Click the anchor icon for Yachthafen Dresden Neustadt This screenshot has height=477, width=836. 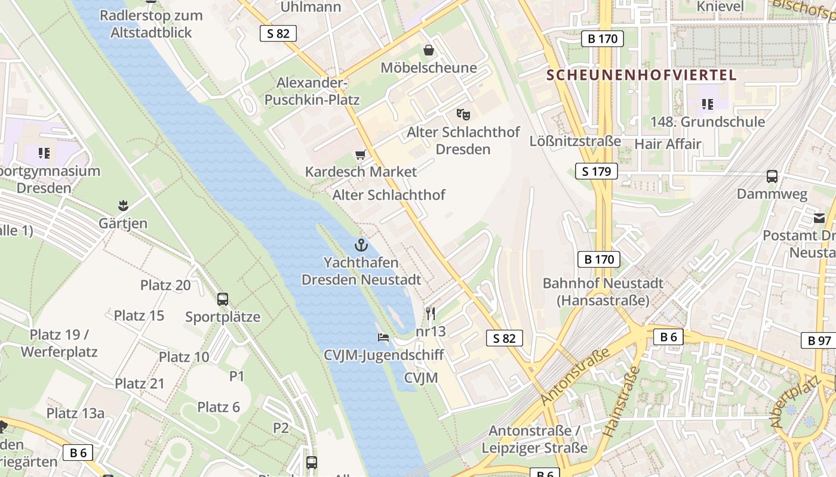361,245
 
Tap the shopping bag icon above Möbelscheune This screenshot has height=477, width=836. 428,50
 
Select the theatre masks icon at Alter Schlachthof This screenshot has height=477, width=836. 463,114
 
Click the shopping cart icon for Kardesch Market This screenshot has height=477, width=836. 360,155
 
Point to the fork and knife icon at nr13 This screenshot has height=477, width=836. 431,313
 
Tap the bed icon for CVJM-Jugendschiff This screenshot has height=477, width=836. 383,337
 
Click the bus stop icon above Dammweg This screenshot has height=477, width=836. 772,176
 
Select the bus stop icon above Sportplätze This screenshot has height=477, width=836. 223,299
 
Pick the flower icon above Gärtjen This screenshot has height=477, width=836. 123,206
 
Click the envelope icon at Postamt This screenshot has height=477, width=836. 819,218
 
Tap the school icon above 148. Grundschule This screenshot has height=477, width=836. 708,105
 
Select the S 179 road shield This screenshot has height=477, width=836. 596,172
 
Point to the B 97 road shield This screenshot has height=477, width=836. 819,340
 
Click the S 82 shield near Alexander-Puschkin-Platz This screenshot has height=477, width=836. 278,33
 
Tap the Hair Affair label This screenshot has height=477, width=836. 668,144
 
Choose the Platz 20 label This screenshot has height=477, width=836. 165,285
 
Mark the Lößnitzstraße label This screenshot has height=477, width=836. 575,141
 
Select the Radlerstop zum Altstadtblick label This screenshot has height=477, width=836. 151,24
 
